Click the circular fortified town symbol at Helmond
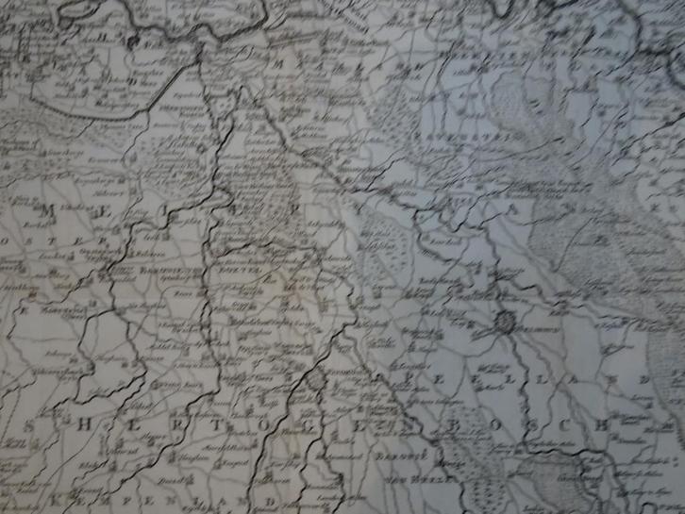tap(507, 327)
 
